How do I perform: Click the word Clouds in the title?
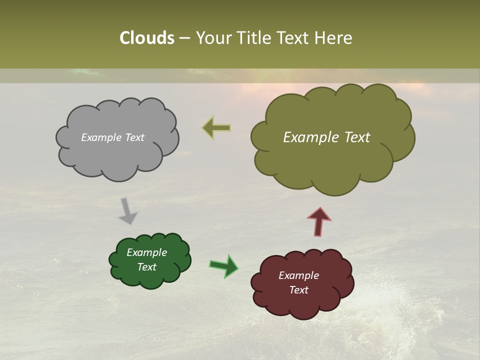[147, 38]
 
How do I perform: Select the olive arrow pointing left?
[216, 128]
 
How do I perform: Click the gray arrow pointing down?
[127, 210]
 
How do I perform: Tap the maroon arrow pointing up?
[319, 221]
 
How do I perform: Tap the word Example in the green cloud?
[147, 252]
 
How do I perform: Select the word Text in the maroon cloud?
[298, 290]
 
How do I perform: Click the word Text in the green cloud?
[147, 267]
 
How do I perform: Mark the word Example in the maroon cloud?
[298, 275]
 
